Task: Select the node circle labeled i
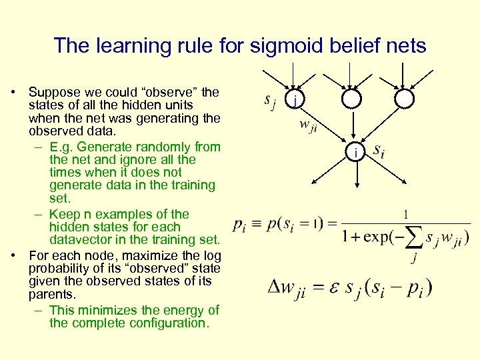356,153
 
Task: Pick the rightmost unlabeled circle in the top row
404,99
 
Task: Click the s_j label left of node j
269,101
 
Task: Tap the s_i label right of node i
378,151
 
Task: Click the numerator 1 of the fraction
406,214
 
